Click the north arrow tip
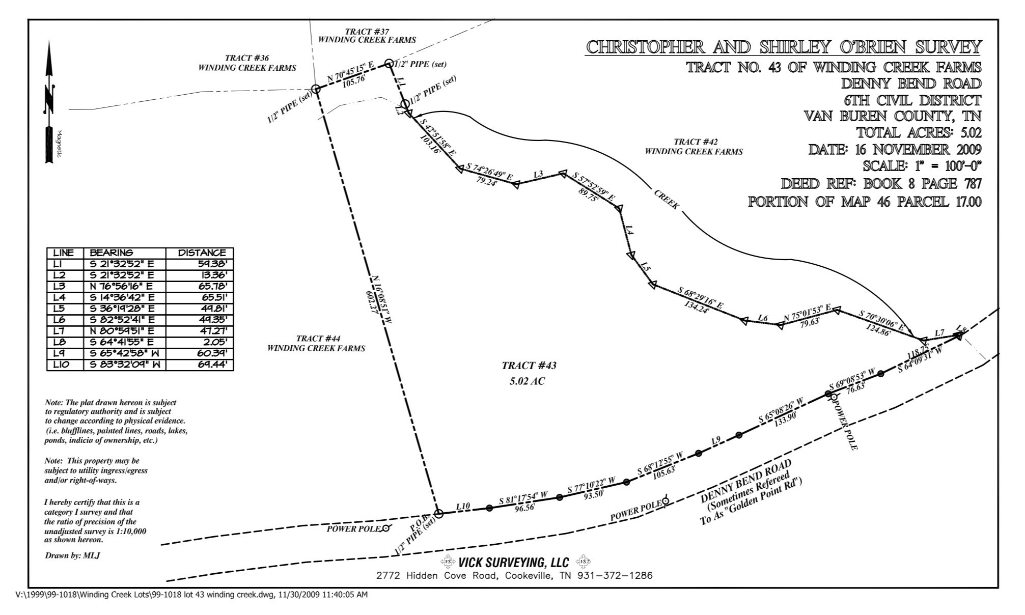[x=49, y=41]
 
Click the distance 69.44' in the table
[x=213, y=365]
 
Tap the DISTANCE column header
[x=202, y=253]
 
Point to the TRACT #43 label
[x=529, y=366]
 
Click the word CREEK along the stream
[x=667, y=200]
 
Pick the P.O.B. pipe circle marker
[x=438, y=513]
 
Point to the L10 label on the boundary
[x=463, y=507]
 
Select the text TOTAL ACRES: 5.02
[x=919, y=133]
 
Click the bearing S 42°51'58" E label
[x=436, y=137]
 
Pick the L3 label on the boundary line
[x=538, y=175]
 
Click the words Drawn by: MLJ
[x=72, y=555]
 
